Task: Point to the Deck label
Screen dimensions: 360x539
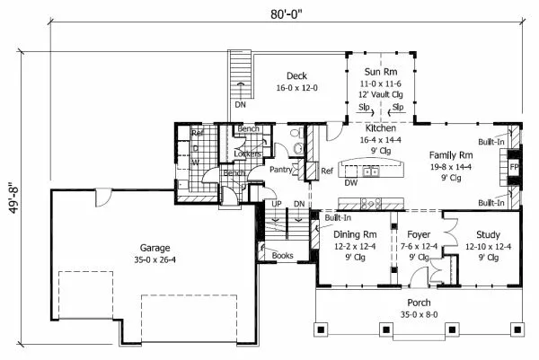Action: click(x=298, y=76)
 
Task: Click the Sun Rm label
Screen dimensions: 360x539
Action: click(x=382, y=71)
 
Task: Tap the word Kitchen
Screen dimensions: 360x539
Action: click(x=356, y=129)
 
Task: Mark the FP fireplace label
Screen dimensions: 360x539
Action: click(x=514, y=168)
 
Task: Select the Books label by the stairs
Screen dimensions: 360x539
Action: click(x=281, y=256)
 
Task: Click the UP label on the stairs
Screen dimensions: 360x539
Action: click(x=278, y=204)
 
